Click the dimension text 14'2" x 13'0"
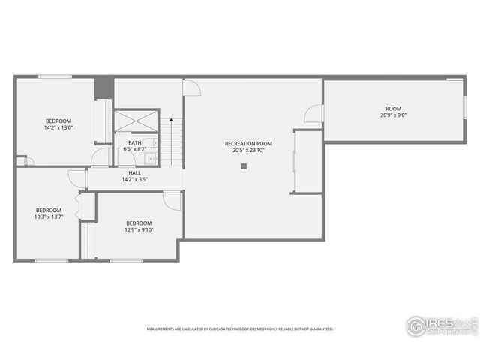(58, 128)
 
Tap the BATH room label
(134, 142)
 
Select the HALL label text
(134, 172)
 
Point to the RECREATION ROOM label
(248, 143)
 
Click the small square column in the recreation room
(244, 166)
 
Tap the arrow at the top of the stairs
(172, 120)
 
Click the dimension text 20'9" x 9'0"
(393, 115)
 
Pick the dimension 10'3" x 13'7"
(48, 217)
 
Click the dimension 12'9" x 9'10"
(139, 230)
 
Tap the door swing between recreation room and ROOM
(314, 115)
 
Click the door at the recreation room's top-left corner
(193, 87)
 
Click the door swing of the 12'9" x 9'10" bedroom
(172, 200)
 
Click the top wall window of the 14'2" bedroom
(55, 76)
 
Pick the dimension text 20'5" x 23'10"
(248, 150)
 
